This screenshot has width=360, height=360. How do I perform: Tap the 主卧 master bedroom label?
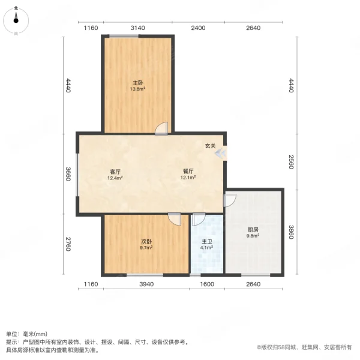pyautogui.click(x=138, y=82)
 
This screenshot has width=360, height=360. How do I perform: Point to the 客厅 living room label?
pyautogui.click(x=115, y=172)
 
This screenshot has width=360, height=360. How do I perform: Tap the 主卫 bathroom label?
pyautogui.click(x=206, y=241)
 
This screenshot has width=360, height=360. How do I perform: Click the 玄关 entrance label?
pyautogui.click(x=210, y=145)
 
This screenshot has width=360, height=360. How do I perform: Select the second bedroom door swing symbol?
pyautogui.click(x=175, y=219)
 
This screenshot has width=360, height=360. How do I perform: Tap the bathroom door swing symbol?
pyautogui.click(x=199, y=220)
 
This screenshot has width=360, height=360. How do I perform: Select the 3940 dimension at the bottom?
pyautogui.click(x=146, y=284)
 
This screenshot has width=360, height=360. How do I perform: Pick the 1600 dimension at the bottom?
pyautogui.click(x=207, y=284)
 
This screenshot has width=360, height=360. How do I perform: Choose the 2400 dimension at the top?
pyautogui.click(x=199, y=28)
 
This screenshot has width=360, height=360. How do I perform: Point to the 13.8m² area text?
pyautogui.click(x=138, y=89)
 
